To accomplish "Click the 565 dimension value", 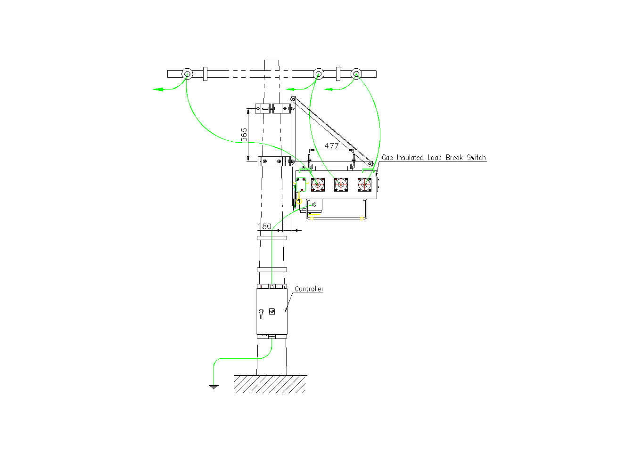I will pos(244,135).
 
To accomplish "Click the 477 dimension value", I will pos(331,146).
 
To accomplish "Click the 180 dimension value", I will pos(264,226).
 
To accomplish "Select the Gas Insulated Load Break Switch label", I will pos(434,158).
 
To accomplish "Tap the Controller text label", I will pos(309,289).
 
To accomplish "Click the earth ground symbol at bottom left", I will pos(214,387).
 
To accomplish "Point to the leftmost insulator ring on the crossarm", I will pos(187,74).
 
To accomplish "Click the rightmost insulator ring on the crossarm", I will pos(356,73).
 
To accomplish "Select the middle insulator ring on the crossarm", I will pos(318,73).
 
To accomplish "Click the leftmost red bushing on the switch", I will pos(318,185).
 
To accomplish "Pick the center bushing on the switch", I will pos(341,185).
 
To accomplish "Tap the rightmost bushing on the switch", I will pos(364,185).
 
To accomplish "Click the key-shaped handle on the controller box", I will pos(261,313).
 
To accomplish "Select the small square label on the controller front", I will pos(271,311).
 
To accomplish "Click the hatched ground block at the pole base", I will pos(270,384).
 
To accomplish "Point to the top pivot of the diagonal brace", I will pos(293,99).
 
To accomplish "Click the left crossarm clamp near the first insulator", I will pos(205,74).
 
